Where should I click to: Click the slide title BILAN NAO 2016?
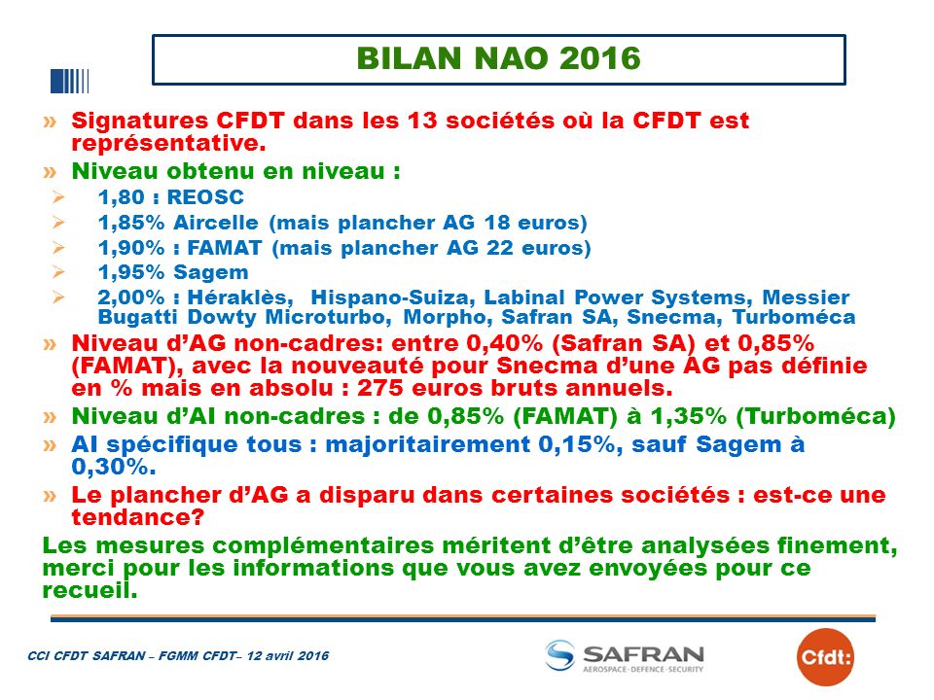tap(498, 58)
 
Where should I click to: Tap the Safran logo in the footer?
tap(625, 656)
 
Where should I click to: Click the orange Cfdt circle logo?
tap(825, 657)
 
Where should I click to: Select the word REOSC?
tap(205, 197)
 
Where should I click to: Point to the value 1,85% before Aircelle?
tap(131, 223)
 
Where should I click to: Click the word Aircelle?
tap(216, 223)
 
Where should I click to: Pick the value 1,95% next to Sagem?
tap(131, 272)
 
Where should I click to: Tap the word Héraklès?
tap(240, 297)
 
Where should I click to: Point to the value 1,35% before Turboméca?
tap(689, 416)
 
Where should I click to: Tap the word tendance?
tap(138, 517)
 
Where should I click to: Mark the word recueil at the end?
tap(90, 590)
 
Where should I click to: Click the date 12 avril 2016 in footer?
tap(288, 656)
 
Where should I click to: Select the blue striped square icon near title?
tap(70, 82)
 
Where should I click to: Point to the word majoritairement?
tap(428, 445)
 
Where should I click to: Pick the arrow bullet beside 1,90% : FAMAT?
tap(58, 247)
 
